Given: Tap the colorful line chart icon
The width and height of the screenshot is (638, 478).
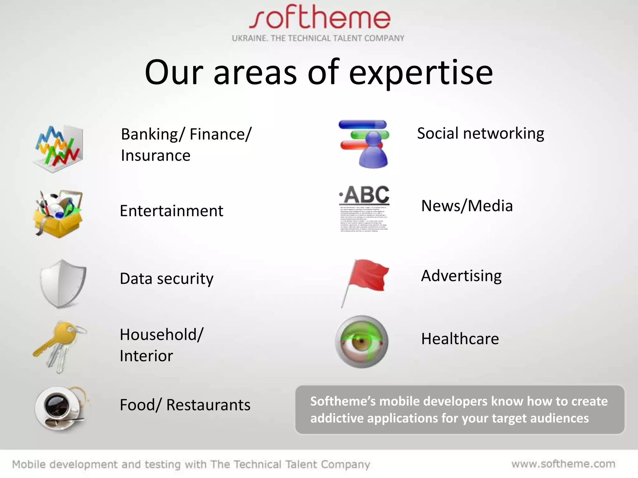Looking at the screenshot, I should pyautogui.click(x=58, y=148).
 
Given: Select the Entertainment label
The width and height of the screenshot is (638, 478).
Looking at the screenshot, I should pyautogui.click(x=171, y=211).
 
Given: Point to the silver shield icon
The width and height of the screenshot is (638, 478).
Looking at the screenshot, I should pyautogui.click(x=63, y=283).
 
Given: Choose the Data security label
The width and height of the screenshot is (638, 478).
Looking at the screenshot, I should pyautogui.click(x=167, y=279).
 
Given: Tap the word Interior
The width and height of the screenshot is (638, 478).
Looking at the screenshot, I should pyautogui.click(x=146, y=356).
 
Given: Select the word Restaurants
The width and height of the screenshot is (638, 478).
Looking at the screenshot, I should pyautogui.click(x=208, y=405).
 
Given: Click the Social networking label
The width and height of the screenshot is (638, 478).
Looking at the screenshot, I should pyautogui.click(x=480, y=133).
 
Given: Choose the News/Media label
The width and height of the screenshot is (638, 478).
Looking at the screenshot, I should pyautogui.click(x=467, y=206).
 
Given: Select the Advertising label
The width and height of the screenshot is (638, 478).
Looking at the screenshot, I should pyautogui.click(x=461, y=276).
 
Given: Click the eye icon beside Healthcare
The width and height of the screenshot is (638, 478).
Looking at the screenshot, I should pyautogui.click(x=362, y=342).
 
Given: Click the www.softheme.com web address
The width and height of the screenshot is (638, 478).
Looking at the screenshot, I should pyautogui.click(x=563, y=464).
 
